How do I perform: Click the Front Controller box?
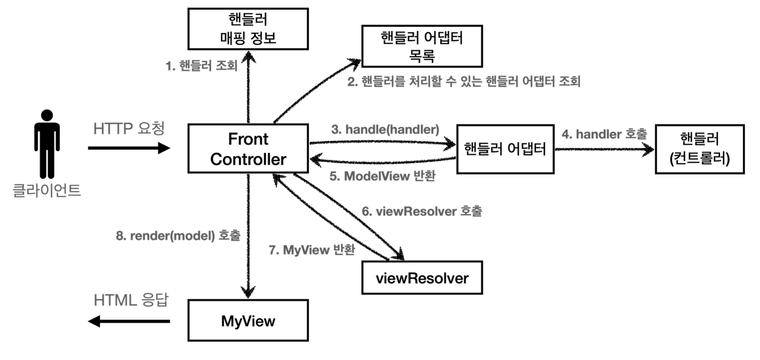(248, 149)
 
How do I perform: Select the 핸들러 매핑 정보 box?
(248, 29)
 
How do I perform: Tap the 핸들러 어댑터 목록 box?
(422, 46)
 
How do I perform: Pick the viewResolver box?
(422, 278)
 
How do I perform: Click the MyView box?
(248, 321)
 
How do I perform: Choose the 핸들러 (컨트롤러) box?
(700, 149)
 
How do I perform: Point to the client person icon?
(47, 144)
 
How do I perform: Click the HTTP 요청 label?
(129, 129)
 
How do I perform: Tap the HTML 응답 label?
(131, 300)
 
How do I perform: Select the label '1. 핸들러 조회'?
(201, 66)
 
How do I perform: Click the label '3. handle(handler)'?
(385, 129)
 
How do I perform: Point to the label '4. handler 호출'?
(604, 134)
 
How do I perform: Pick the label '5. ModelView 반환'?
(382, 176)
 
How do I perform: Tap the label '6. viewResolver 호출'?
(422, 211)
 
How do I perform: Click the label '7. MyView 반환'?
(312, 249)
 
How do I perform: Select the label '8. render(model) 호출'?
(178, 235)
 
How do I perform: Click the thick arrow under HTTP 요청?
(129, 148)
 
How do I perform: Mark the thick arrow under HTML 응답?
(129, 321)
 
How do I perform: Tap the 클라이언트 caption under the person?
(47, 190)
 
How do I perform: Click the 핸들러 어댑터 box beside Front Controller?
(505, 149)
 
